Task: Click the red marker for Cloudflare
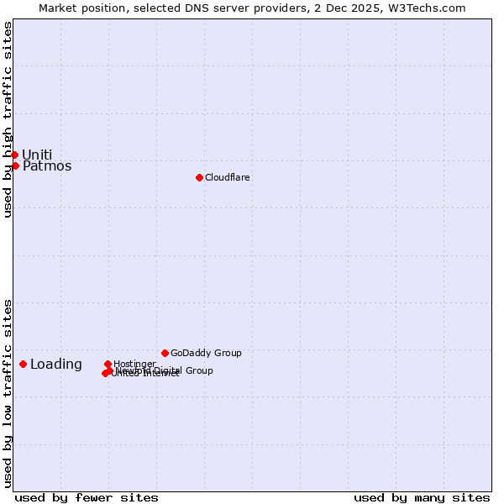(x=199, y=177)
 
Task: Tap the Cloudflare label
(x=227, y=177)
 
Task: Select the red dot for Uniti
(x=14, y=155)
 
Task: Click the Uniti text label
(x=37, y=155)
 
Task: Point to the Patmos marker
(x=15, y=165)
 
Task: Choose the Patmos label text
(x=47, y=166)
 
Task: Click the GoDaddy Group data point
(x=165, y=353)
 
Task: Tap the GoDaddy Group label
(x=206, y=353)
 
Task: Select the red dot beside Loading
(x=23, y=364)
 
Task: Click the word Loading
(x=56, y=365)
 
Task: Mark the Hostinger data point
(x=108, y=364)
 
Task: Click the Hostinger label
(x=134, y=364)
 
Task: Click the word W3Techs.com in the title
(x=427, y=8)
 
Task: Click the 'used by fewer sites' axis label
(x=87, y=497)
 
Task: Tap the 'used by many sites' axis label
(x=422, y=497)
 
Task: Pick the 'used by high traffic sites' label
(x=8, y=119)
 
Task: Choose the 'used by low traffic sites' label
(x=8, y=393)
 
